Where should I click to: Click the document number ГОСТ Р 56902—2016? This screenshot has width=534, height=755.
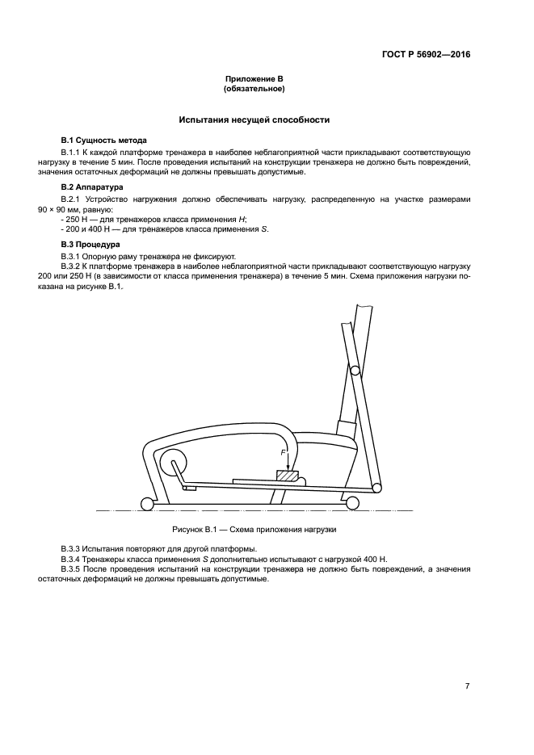[x=426, y=56]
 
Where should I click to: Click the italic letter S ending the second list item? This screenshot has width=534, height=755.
[x=263, y=230]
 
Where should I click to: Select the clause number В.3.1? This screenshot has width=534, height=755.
[x=72, y=255]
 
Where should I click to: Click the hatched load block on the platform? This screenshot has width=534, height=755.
[x=288, y=476]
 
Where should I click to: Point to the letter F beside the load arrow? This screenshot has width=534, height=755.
[x=283, y=454]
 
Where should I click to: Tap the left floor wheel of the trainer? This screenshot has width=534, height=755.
[x=147, y=504]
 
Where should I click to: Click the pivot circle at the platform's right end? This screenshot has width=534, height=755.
[x=377, y=487]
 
